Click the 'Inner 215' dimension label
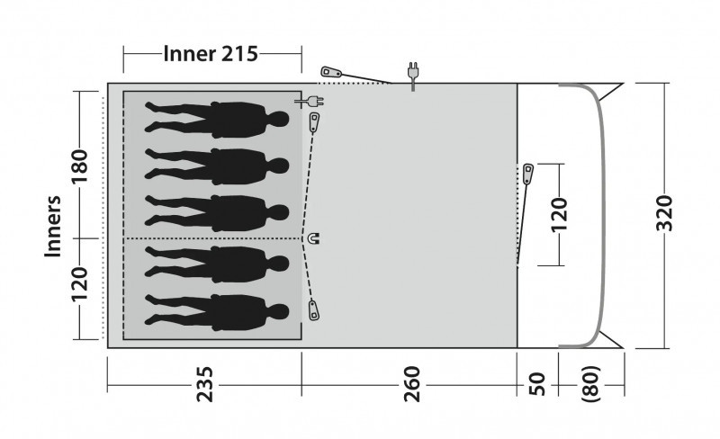tap(211, 54)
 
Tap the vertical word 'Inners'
tap(53, 227)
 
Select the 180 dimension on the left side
tap(79, 166)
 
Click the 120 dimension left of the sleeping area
tap(79, 284)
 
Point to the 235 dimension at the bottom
tap(205, 384)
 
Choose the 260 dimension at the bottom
tap(412, 384)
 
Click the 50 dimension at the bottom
tap(537, 384)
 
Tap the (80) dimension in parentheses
tap(591, 384)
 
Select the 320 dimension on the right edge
tap(664, 213)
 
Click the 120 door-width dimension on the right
tap(559, 215)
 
